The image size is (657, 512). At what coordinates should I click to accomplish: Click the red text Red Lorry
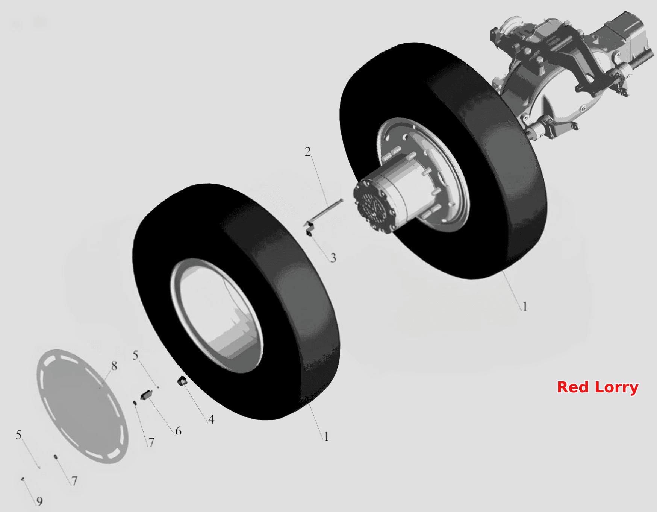[x=598, y=387]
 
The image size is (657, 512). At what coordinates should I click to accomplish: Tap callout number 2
[x=308, y=152]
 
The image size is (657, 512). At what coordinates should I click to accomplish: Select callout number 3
[x=333, y=258]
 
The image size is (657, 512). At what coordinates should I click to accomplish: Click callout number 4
[x=211, y=419]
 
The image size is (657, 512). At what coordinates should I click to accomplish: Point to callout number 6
[x=178, y=431]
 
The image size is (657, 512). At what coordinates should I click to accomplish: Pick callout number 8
[x=114, y=365]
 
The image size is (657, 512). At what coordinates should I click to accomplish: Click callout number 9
[x=39, y=501]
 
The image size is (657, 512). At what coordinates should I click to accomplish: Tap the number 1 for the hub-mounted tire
[x=525, y=307]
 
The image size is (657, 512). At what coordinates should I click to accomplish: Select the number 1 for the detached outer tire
[x=326, y=436]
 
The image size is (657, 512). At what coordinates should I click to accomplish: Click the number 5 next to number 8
[x=135, y=355]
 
